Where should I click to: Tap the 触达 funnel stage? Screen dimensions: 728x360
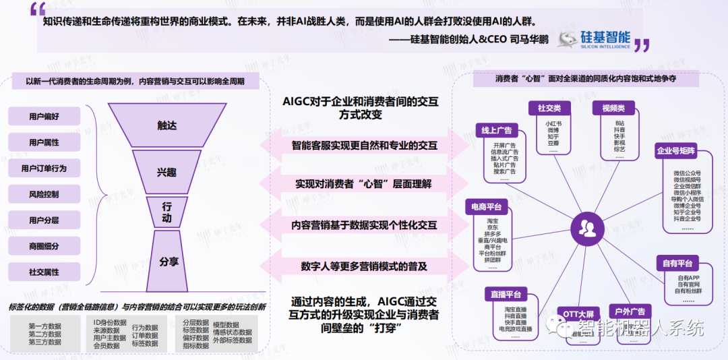[166, 125]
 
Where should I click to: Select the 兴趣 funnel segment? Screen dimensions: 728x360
[166, 173]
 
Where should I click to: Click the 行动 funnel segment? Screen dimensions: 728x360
[166, 213]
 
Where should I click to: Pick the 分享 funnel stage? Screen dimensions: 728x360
[169, 261]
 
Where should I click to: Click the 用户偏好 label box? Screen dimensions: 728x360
[44, 117]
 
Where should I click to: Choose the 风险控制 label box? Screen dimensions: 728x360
[44, 194]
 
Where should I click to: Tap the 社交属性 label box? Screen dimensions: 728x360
[44, 272]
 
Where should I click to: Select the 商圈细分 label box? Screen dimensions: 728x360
[44, 246]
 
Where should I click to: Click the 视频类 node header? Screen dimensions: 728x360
[613, 109]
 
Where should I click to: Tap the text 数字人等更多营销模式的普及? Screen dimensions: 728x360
[364, 266]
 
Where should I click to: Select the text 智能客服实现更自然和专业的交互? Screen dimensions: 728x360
[364, 145]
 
